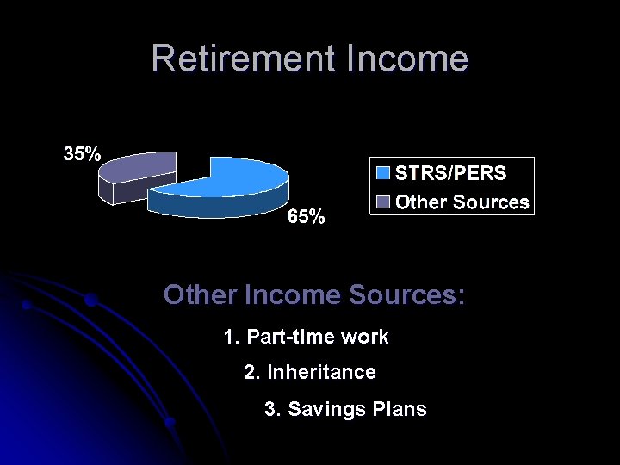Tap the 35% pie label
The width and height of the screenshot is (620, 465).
[81, 154]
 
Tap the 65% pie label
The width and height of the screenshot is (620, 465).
[306, 217]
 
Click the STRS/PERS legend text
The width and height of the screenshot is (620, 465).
[450, 173]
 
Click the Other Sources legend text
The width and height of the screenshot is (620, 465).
[462, 202]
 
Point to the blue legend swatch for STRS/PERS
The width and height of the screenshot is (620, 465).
[383, 173]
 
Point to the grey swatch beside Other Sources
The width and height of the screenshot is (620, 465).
[383, 202]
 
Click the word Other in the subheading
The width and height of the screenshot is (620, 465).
[201, 295]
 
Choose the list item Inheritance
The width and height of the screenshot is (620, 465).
[321, 372]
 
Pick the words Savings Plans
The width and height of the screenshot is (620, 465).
[356, 409]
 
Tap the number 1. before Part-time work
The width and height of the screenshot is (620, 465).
[231, 337]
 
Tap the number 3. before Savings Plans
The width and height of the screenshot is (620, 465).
[272, 409]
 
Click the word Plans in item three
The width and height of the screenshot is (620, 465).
[401, 409]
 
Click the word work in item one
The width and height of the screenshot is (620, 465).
[365, 337]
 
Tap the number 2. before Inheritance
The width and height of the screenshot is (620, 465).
[251, 372]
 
